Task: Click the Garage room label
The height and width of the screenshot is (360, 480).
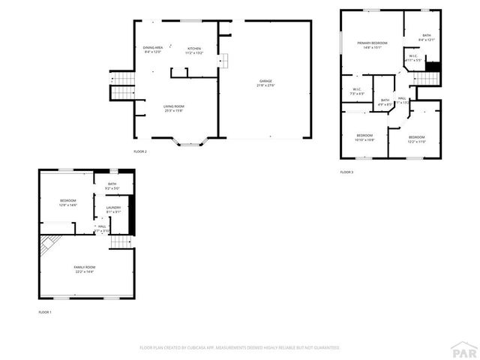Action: (266, 81)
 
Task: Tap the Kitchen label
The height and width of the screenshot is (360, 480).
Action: (194, 48)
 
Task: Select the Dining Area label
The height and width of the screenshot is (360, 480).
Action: (153, 48)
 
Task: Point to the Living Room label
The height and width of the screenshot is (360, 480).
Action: (174, 106)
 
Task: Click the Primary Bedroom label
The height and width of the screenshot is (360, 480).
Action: (372, 43)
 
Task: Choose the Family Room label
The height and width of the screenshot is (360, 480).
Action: (84, 267)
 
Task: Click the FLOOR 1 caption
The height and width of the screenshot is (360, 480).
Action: (45, 311)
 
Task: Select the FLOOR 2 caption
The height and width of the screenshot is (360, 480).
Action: (140, 151)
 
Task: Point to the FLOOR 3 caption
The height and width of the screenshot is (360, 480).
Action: (346, 172)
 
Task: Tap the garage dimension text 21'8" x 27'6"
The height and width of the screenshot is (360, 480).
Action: (266, 85)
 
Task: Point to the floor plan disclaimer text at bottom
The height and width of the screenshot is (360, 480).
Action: (240, 347)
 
